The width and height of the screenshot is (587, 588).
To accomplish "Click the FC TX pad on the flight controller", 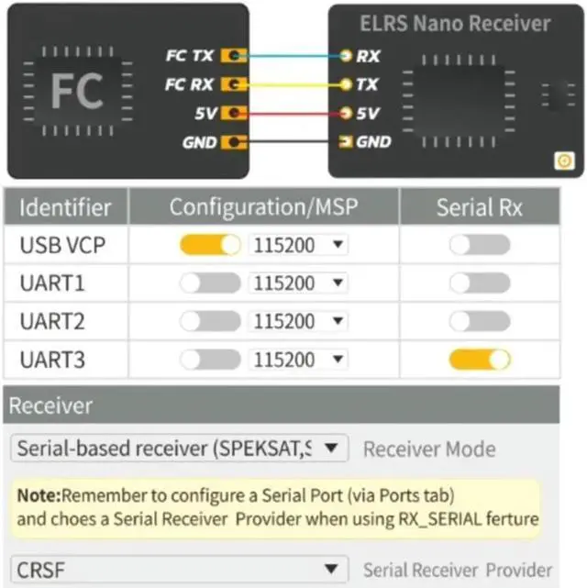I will point(236,55).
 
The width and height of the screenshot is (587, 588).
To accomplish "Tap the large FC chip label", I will point(76,91).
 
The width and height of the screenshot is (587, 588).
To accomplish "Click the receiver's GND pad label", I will point(373,142).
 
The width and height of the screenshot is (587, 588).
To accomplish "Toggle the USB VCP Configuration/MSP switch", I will point(210,245).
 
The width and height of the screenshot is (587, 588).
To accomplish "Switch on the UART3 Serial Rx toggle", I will point(479,359).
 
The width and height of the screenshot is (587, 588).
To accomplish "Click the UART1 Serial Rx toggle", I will point(479,283).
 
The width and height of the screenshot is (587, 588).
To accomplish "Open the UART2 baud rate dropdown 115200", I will point(299,321).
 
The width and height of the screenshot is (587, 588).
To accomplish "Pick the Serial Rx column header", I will point(479,207).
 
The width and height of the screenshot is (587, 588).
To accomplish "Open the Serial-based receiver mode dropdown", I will point(179,449).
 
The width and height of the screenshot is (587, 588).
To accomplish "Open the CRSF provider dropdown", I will point(179,569).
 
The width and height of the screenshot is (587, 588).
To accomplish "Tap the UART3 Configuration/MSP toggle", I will point(210,359).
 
